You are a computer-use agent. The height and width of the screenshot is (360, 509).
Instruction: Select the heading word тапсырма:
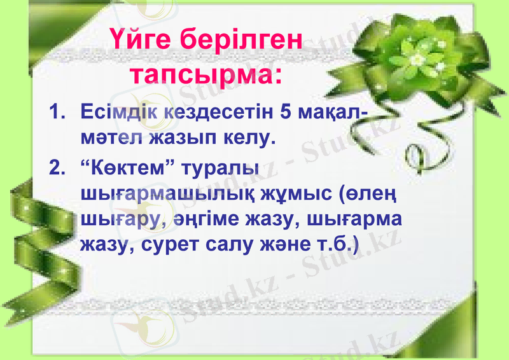(206, 75)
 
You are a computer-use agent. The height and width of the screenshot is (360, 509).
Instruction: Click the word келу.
(249, 137)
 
